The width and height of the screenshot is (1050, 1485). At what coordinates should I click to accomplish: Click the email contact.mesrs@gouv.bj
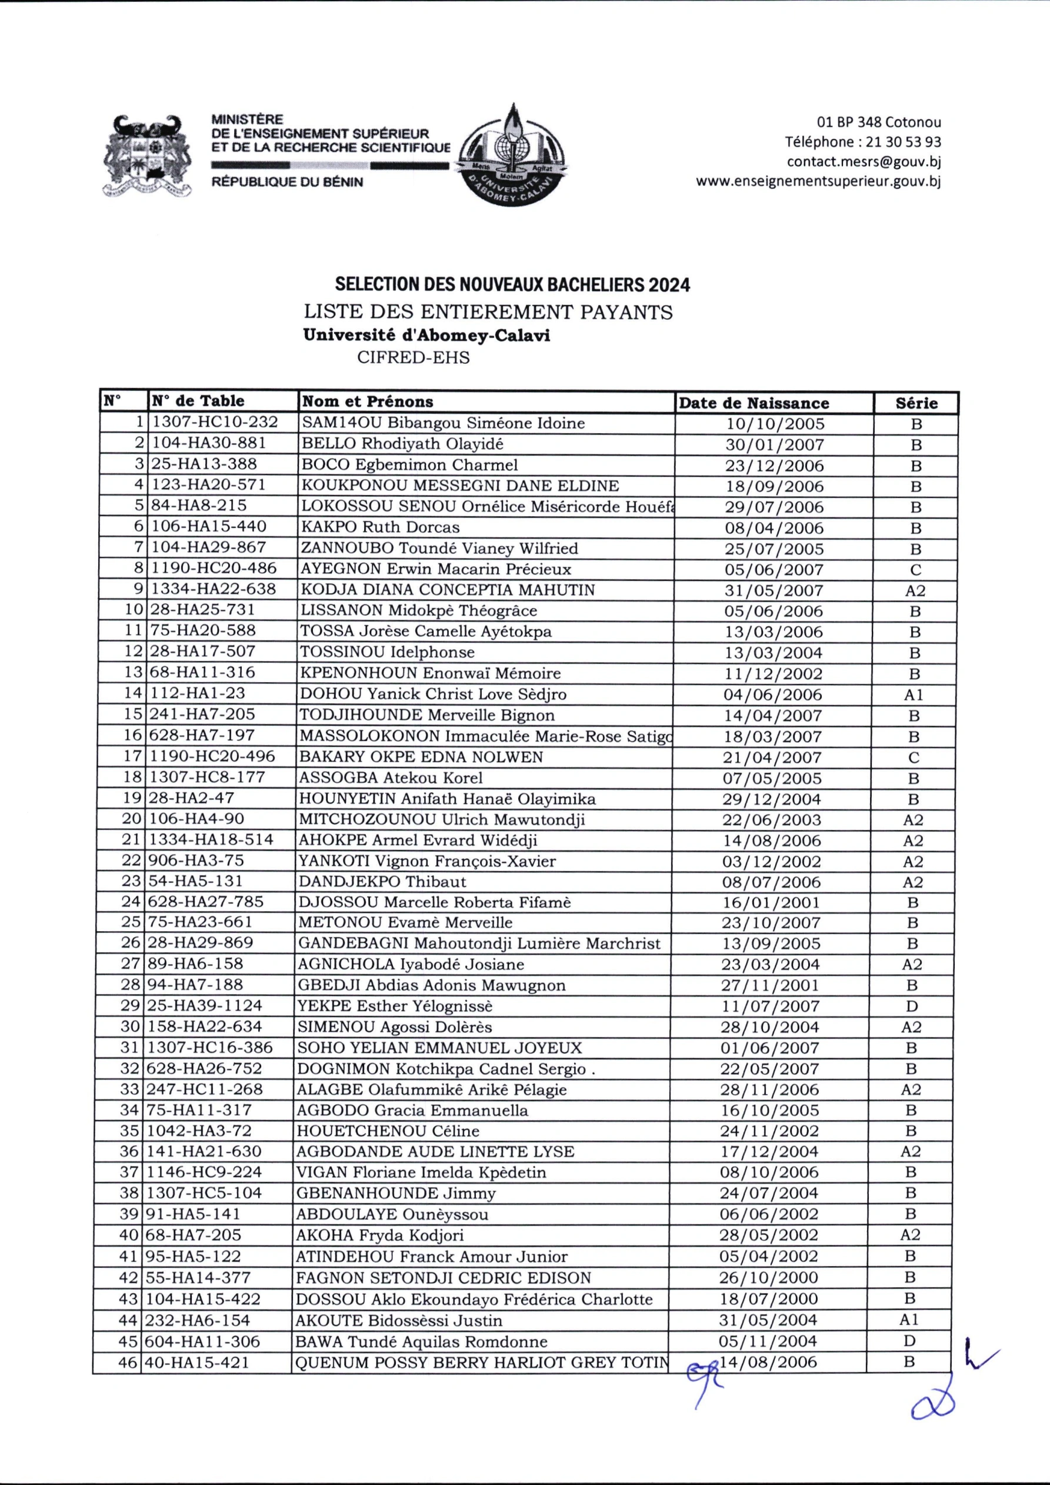(863, 161)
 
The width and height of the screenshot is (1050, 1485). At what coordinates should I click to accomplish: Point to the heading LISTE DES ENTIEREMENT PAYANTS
(488, 312)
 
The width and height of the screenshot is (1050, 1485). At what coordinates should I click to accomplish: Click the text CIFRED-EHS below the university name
(413, 358)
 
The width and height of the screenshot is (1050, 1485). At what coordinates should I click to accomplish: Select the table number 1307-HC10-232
(215, 423)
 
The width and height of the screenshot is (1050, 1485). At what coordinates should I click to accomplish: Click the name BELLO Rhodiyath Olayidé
(402, 444)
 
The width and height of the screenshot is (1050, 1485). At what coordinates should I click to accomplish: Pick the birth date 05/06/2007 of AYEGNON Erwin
(774, 570)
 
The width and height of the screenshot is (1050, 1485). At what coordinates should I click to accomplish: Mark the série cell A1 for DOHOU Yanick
(914, 695)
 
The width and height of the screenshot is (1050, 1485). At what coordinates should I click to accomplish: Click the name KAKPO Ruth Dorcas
(380, 527)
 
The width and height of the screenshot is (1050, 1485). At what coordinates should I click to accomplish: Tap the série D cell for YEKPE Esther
(912, 1006)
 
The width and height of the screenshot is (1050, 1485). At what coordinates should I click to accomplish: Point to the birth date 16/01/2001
(771, 902)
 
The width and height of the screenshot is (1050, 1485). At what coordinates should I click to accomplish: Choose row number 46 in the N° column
(128, 1363)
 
